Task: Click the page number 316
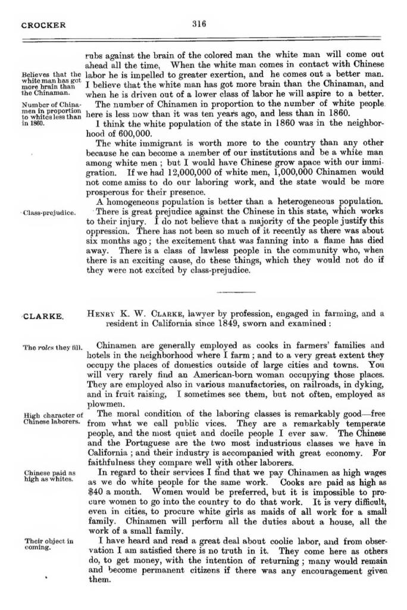coord(199,24)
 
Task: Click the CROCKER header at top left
coord(43,25)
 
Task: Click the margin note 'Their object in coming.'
coord(49,544)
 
